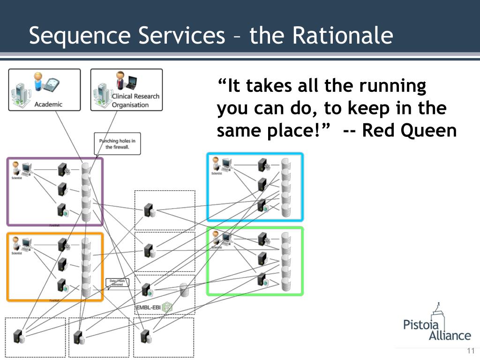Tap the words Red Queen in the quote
[x=409, y=130]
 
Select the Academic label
[x=48, y=104]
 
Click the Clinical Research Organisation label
[x=135, y=100]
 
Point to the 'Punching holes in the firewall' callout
[x=117, y=143]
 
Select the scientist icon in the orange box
[x=16, y=243]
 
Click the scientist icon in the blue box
[x=216, y=164]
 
